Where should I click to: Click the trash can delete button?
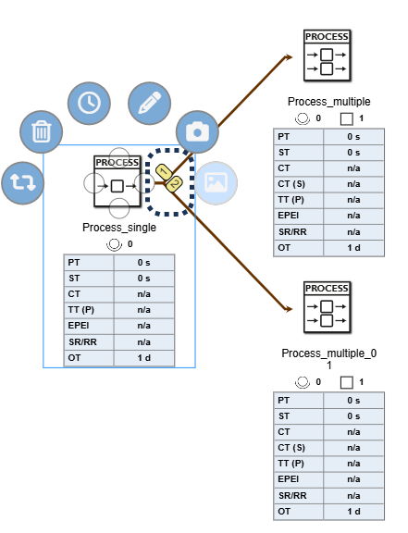click(41, 132)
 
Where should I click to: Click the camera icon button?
click(195, 132)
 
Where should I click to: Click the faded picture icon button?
click(215, 182)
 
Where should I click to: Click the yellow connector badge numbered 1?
click(163, 171)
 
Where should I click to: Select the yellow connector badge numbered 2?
click(172, 184)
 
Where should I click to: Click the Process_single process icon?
click(117, 178)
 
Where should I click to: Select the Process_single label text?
click(119, 228)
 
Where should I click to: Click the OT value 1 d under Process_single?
click(144, 357)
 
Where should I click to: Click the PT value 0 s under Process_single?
click(144, 263)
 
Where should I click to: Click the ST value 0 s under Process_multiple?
click(352, 153)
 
